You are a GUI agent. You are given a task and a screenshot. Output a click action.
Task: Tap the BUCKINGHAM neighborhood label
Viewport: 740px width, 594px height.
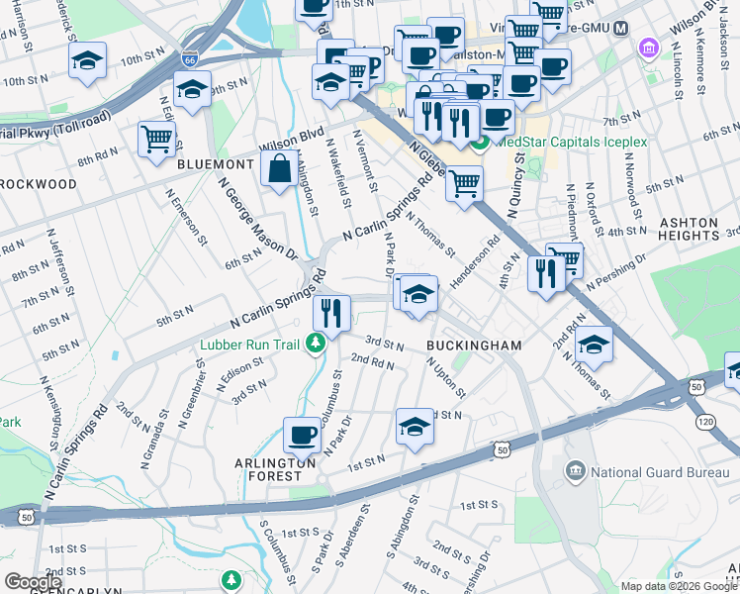474,345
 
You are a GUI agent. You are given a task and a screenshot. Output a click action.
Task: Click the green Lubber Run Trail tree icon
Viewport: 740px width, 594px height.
316,344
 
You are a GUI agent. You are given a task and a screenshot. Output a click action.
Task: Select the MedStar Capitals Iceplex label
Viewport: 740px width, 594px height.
571,142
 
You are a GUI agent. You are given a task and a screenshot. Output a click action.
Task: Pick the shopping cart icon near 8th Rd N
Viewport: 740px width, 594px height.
156,139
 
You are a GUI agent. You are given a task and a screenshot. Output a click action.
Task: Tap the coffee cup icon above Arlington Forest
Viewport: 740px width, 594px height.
302,433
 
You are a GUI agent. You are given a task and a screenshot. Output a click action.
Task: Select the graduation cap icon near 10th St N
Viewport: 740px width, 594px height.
88,61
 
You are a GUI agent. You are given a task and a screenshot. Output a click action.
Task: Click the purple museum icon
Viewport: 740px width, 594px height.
649,48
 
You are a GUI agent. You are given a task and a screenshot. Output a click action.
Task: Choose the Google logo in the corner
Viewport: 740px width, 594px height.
34,581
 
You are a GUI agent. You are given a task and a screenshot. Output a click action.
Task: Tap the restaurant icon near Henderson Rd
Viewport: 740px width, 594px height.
546,272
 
